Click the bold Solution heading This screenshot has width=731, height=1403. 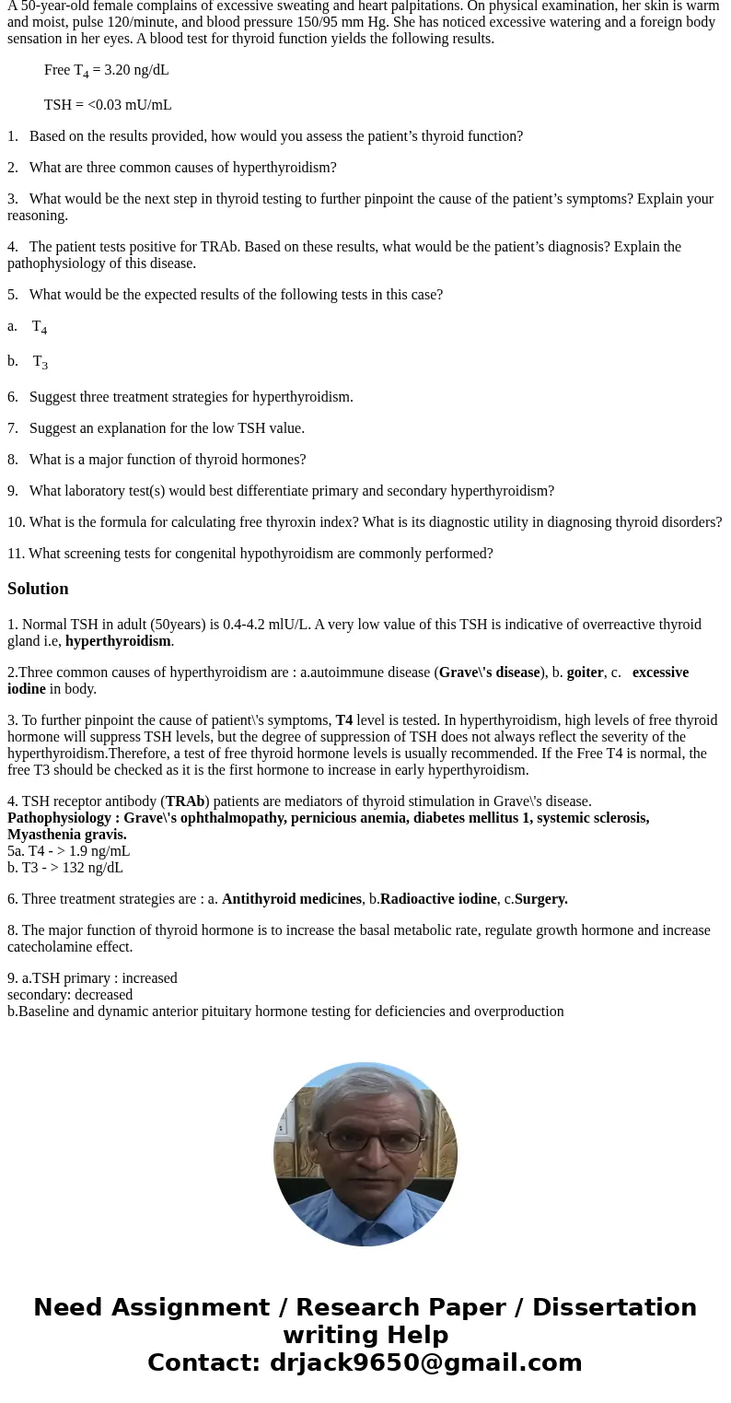pyautogui.click(x=38, y=589)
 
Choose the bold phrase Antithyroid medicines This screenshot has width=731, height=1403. pyautogui.click(x=291, y=899)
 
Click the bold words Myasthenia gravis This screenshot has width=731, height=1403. pyautogui.click(x=67, y=835)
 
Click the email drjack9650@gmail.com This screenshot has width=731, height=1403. pyautogui.click(x=425, y=1362)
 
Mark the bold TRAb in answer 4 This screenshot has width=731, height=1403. pyautogui.click(x=185, y=801)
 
